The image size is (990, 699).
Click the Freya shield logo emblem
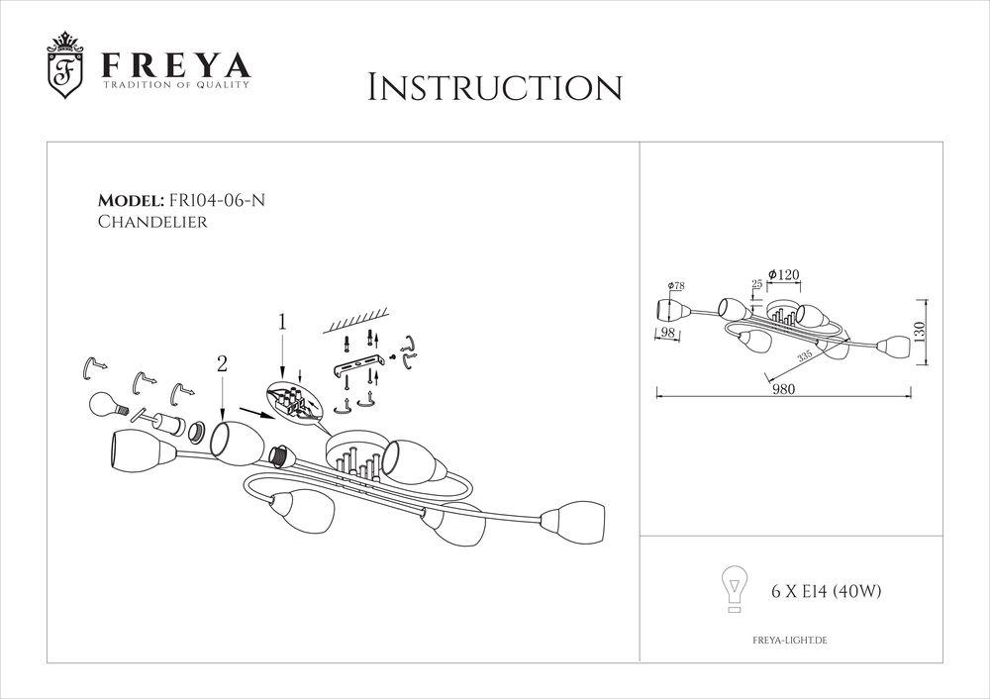66,67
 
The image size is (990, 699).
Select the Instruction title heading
494,87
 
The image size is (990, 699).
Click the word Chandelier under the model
152,223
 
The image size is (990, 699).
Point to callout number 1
282,322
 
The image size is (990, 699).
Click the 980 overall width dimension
785,390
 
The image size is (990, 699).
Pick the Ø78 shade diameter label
676,286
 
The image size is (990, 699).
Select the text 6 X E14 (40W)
826,592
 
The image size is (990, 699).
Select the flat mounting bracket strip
357,369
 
